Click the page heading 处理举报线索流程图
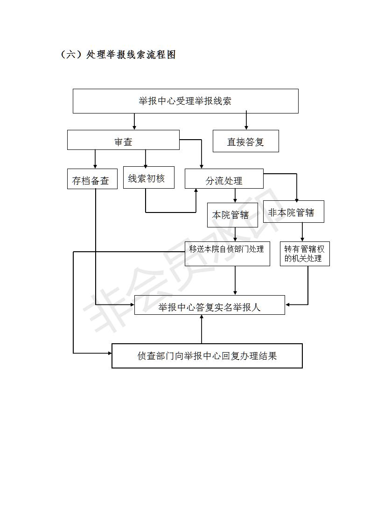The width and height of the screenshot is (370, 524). (131, 55)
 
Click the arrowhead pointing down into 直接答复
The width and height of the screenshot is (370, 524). (246, 127)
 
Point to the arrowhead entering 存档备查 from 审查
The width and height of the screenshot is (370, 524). (95, 166)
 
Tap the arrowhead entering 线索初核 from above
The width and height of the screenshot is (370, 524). (145, 164)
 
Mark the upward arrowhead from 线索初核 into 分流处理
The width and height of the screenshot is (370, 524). (196, 191)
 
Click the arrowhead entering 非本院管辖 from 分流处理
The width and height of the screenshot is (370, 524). (297, 198)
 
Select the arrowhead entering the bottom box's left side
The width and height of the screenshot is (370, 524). (109, 353)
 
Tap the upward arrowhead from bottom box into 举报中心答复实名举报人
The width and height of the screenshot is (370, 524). (202, 317)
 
